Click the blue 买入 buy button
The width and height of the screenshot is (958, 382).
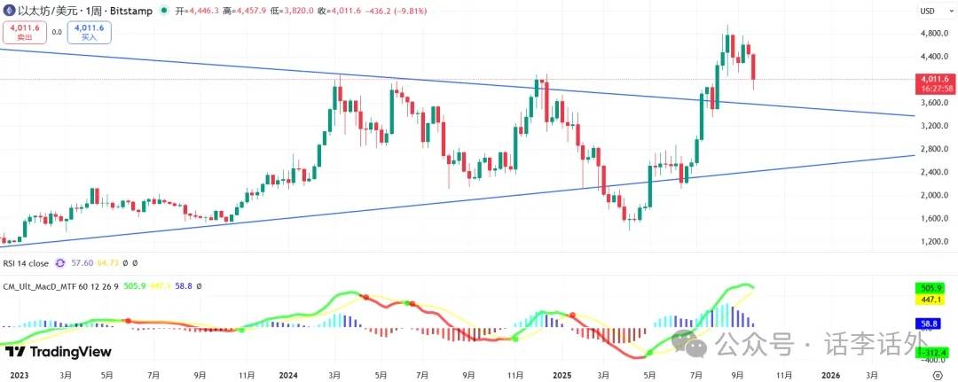pyautogui.click(x=90, y=33)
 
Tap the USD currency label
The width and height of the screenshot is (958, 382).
pyautogui.click(x=927, y=11)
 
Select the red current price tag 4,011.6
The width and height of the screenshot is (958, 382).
pyautogui.click(x=936, y=79)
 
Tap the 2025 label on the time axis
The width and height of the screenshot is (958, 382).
pyautogui.click(x=561, y=375)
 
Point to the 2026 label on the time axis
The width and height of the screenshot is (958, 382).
pyautogui.click(x=831, y=375)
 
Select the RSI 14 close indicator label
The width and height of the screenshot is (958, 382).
pyautogui.click(x=26, y=263)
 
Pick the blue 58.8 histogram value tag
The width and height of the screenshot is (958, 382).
pyautogui.click(x=930, y=324)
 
